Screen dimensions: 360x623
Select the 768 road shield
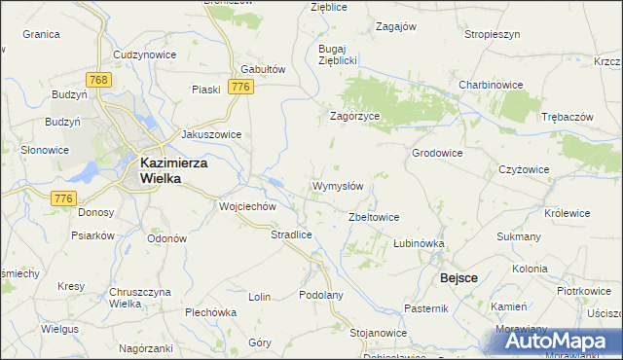(95, 79)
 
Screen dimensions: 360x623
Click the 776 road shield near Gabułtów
(242, 88)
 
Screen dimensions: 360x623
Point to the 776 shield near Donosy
(64, 198)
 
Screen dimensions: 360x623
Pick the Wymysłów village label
(338, 186)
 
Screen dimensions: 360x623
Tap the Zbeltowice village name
(374, 217)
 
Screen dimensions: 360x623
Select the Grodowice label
(437, 154)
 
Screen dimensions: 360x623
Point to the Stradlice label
(291, 234)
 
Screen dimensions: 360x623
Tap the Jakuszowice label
(211, 135)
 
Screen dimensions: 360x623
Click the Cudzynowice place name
(145, 54)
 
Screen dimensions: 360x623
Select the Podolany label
(322, 296)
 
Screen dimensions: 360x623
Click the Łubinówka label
(419, 243)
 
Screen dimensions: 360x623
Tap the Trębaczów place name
(567, 117)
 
